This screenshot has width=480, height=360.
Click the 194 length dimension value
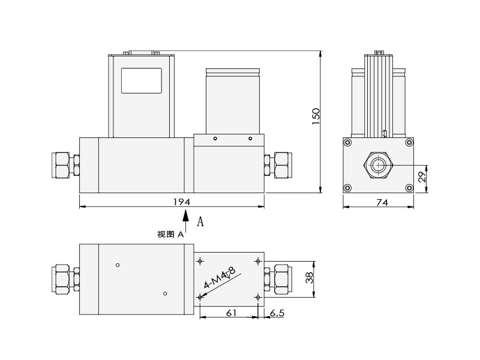[182, 202]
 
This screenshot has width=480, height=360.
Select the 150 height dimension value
[316, 116]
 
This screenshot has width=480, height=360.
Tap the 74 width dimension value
[382, 203]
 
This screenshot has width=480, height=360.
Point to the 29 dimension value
[422, 176]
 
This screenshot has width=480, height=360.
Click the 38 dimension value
[310, 278]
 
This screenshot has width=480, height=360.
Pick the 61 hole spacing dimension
[231, 313]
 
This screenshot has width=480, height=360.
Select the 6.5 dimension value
[277, 313]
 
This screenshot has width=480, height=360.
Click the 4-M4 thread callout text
[220, 278]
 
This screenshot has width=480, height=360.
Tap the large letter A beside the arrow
[200, 221]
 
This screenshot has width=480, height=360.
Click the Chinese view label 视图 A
[170, 235]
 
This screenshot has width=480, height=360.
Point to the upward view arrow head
[185, 215]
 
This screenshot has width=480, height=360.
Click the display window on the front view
[142, 80]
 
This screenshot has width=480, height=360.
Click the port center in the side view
[379, 166]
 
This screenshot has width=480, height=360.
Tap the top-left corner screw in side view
[347, 142]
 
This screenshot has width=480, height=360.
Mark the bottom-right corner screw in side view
[409, 188]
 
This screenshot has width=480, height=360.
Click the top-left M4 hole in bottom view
[200, 261]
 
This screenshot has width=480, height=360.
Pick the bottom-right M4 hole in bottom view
[258, 297]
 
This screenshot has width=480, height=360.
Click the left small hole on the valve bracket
[215, 139]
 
